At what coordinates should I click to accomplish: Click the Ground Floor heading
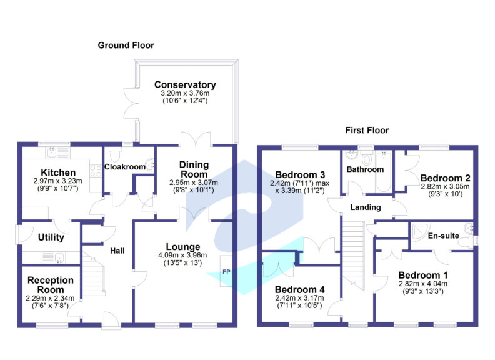(126, 46)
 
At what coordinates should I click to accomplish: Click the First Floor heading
(367, 130)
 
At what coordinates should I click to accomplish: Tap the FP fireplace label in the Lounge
(226, 272)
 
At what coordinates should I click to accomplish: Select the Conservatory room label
(185, 84)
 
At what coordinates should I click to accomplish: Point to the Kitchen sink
(51, 152)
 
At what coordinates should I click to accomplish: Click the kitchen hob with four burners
(96, 171)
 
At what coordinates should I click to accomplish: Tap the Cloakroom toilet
(114, 154)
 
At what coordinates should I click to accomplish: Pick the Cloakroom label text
(125, 167)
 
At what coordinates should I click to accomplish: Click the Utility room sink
(59, 258)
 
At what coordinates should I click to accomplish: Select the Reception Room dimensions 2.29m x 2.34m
(50, 298)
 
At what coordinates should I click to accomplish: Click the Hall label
(117, 251)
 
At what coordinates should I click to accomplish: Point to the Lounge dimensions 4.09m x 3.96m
(182, 255)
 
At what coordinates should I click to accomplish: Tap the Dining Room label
(194, 169)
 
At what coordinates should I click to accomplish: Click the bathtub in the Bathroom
(384, 171)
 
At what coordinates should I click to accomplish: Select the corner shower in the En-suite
(420, 231)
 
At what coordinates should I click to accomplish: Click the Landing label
(366, 207)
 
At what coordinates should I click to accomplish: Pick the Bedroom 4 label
(299, 289)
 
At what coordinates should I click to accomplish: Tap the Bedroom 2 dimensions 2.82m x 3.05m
(445, 187)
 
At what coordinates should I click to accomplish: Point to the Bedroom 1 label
(423, 276)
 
